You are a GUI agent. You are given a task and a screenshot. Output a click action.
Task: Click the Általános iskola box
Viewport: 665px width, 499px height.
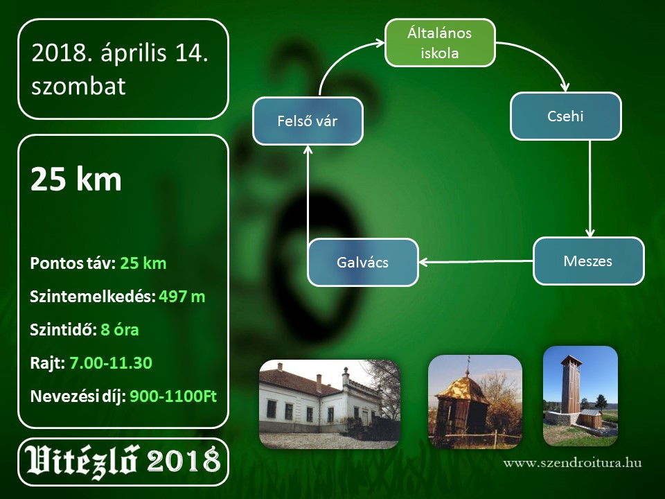(440, 43)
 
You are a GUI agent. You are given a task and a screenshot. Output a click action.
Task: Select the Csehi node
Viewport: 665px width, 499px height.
(565, 116)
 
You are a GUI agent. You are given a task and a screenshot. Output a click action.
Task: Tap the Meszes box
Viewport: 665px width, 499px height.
(588, 261)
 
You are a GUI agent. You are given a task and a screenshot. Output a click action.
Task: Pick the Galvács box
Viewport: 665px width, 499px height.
(363, 262)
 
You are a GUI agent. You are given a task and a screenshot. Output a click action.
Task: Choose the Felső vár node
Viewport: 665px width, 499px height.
(308, 121)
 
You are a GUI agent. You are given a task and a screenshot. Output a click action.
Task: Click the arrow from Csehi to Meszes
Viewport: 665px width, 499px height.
(589, 189)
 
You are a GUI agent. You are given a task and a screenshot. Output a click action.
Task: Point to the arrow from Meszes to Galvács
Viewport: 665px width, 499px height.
(475, 262)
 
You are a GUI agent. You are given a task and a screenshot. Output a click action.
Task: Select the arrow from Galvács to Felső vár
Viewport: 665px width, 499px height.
(308, 192)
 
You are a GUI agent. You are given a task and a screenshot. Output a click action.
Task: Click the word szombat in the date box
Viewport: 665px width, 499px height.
(78, 86)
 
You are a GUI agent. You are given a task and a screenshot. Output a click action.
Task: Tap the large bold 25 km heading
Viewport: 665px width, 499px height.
(76, 179)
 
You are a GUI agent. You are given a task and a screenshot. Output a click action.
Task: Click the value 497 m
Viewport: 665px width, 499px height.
(182, 297)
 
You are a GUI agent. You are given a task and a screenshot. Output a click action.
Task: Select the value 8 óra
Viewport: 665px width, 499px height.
(120, 330)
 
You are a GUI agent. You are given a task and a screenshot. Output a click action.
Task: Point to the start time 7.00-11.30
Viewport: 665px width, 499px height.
(111, 362)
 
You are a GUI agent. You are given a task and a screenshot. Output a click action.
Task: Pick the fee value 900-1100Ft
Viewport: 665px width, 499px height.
(173, 396)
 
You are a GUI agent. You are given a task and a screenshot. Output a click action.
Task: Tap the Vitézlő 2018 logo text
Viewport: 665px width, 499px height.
(123, 462)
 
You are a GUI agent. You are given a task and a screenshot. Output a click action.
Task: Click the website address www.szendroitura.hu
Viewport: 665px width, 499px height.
(573, 462)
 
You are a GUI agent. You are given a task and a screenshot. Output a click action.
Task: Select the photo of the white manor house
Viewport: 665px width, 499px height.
(330, 404)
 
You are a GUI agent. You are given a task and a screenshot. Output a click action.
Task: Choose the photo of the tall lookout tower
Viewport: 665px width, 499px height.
(580, 396)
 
